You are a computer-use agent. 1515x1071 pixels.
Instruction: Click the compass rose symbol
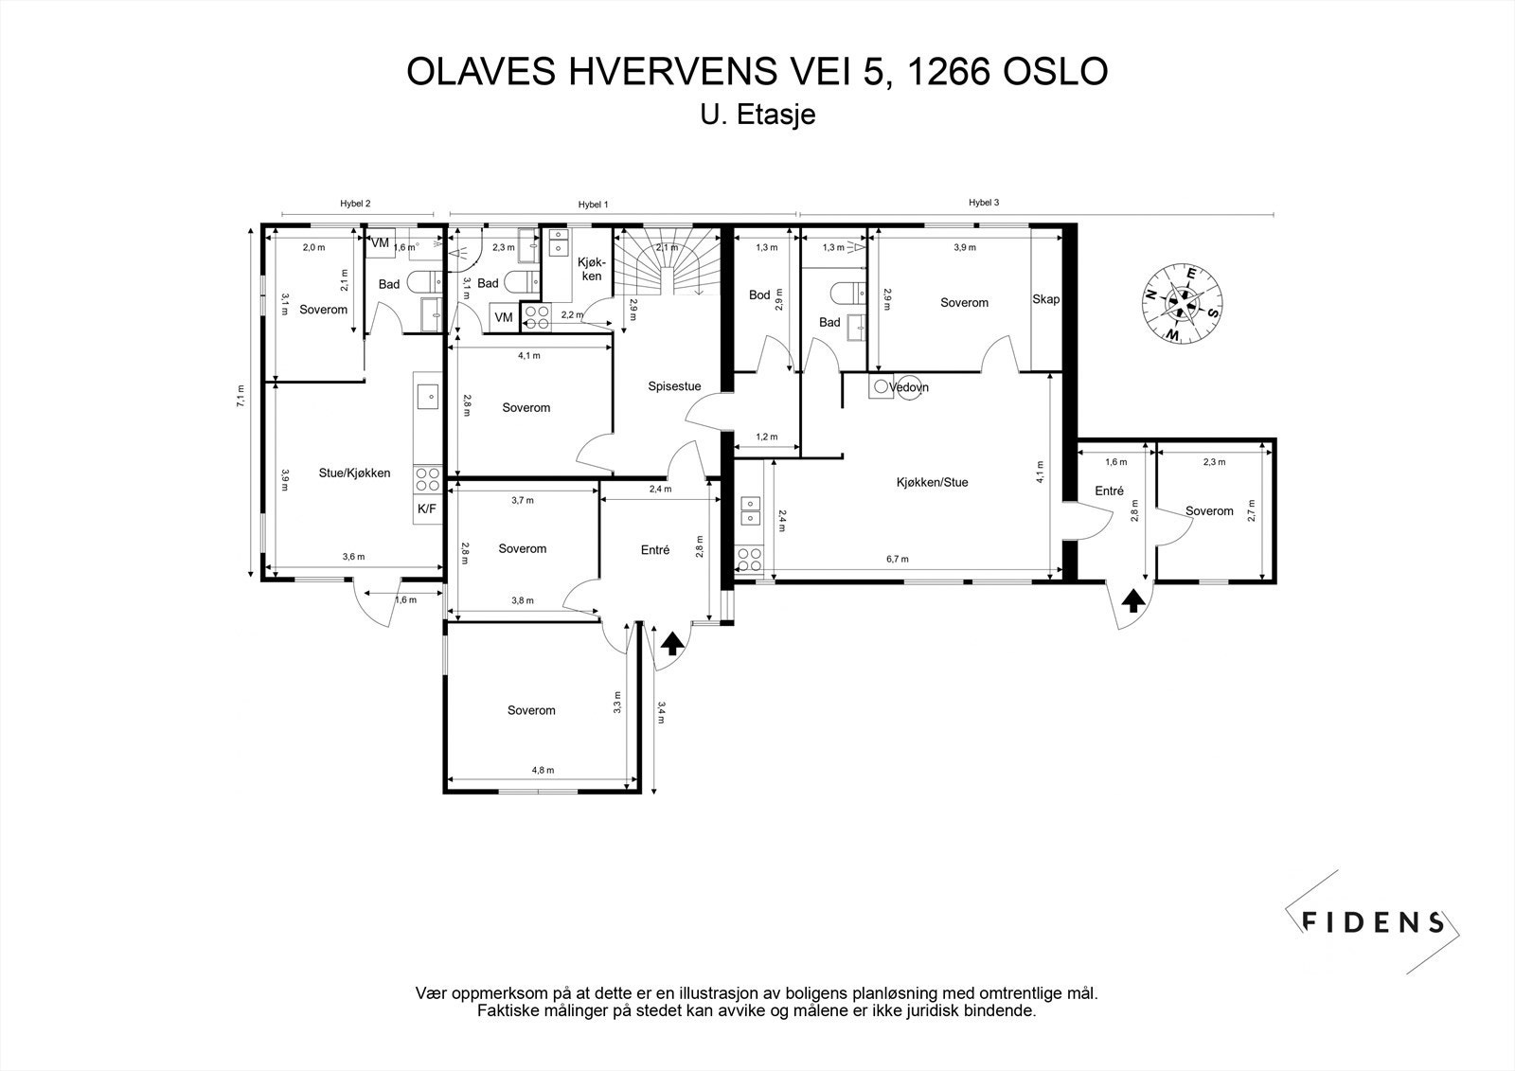click(1183, 304)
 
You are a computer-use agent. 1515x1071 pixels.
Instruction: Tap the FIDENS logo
click(1372, 921)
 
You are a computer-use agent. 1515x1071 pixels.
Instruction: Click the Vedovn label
click(908, 387)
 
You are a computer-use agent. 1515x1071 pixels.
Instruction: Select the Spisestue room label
click(674, 386)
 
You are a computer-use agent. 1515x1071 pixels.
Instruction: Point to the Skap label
click(1045, 299)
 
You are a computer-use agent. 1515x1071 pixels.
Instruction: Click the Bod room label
click(759, 295)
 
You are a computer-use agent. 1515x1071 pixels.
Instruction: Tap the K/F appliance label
click(427, 509)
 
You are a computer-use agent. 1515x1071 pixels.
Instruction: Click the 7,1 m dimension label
click(241, 396)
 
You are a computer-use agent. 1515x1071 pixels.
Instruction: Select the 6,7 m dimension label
click(898, 559)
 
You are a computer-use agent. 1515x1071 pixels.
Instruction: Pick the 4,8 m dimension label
click(543, 770)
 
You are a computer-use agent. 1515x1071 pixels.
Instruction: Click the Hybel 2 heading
click(355, 203)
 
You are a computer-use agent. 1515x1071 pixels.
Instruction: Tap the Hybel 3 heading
click(984, 203)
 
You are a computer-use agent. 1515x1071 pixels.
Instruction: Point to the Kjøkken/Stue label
click(932, 482)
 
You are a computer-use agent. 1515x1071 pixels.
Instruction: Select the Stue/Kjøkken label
click(354, 473)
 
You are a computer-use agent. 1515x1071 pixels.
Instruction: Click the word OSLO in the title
click(1055, 71)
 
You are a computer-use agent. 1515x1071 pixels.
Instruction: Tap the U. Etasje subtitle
click(758, 115)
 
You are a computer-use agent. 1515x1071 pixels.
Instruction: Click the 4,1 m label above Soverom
click(529, 355)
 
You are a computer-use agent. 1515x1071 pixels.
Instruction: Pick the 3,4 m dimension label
click(661, 712)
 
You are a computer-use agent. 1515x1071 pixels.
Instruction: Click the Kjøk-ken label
click(592, 269)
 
